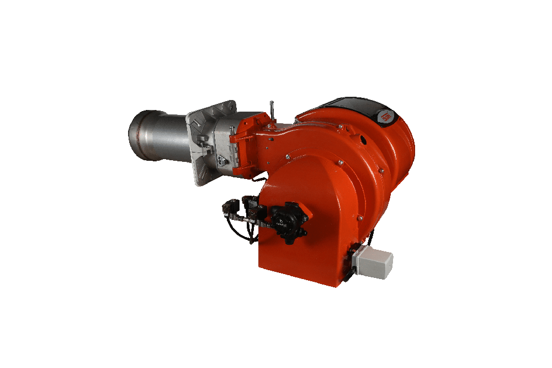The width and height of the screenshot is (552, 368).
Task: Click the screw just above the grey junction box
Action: pos(361,239)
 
